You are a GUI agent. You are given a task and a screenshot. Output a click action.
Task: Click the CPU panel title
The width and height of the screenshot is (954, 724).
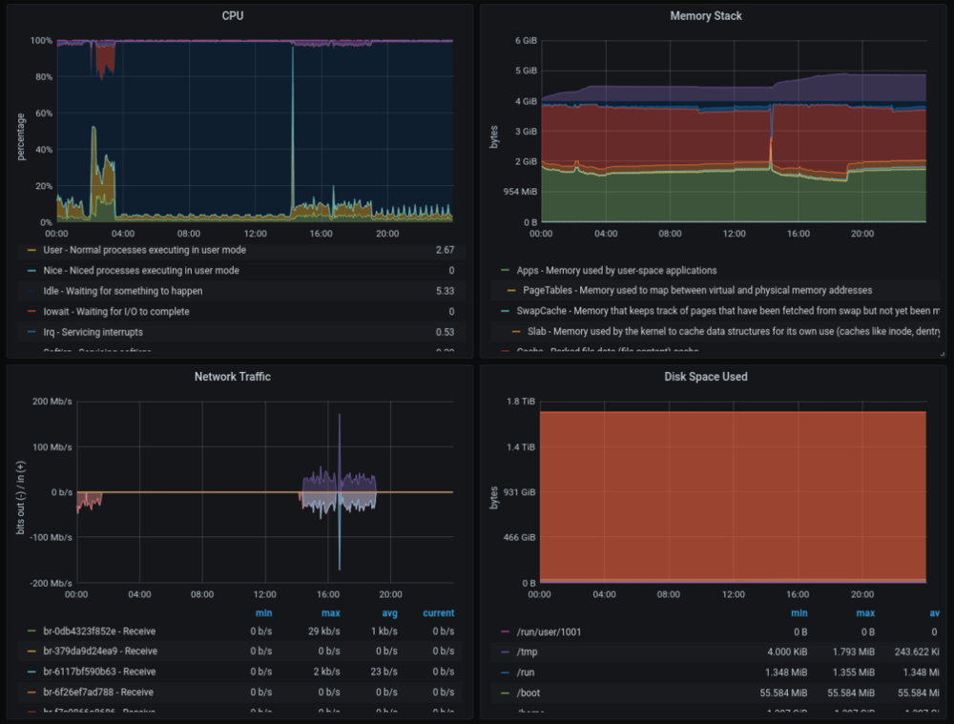(232, 16)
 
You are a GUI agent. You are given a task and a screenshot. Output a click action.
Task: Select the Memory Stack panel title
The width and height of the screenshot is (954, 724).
(706, 16)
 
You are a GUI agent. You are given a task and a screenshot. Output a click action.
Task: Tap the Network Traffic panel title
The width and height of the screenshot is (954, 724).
(232, 377)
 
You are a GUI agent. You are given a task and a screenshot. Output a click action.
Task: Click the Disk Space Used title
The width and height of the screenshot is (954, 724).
(706, 377)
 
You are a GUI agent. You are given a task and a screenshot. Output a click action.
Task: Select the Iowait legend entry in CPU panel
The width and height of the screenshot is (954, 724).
(116, 312)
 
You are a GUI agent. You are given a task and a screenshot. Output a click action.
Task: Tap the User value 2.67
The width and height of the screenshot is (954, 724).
(444, 250)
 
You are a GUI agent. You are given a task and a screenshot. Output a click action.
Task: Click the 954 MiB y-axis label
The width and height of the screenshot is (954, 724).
(519, 192)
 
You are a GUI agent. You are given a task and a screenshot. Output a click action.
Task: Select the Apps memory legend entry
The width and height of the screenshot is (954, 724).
(616, 270)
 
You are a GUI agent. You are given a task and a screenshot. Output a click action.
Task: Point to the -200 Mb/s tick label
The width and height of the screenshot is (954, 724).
(51, 583)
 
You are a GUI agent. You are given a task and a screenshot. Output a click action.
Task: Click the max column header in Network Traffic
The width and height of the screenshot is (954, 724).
(330, 613)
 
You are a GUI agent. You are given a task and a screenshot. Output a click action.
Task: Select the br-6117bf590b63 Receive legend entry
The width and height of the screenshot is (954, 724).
(100, 672)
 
